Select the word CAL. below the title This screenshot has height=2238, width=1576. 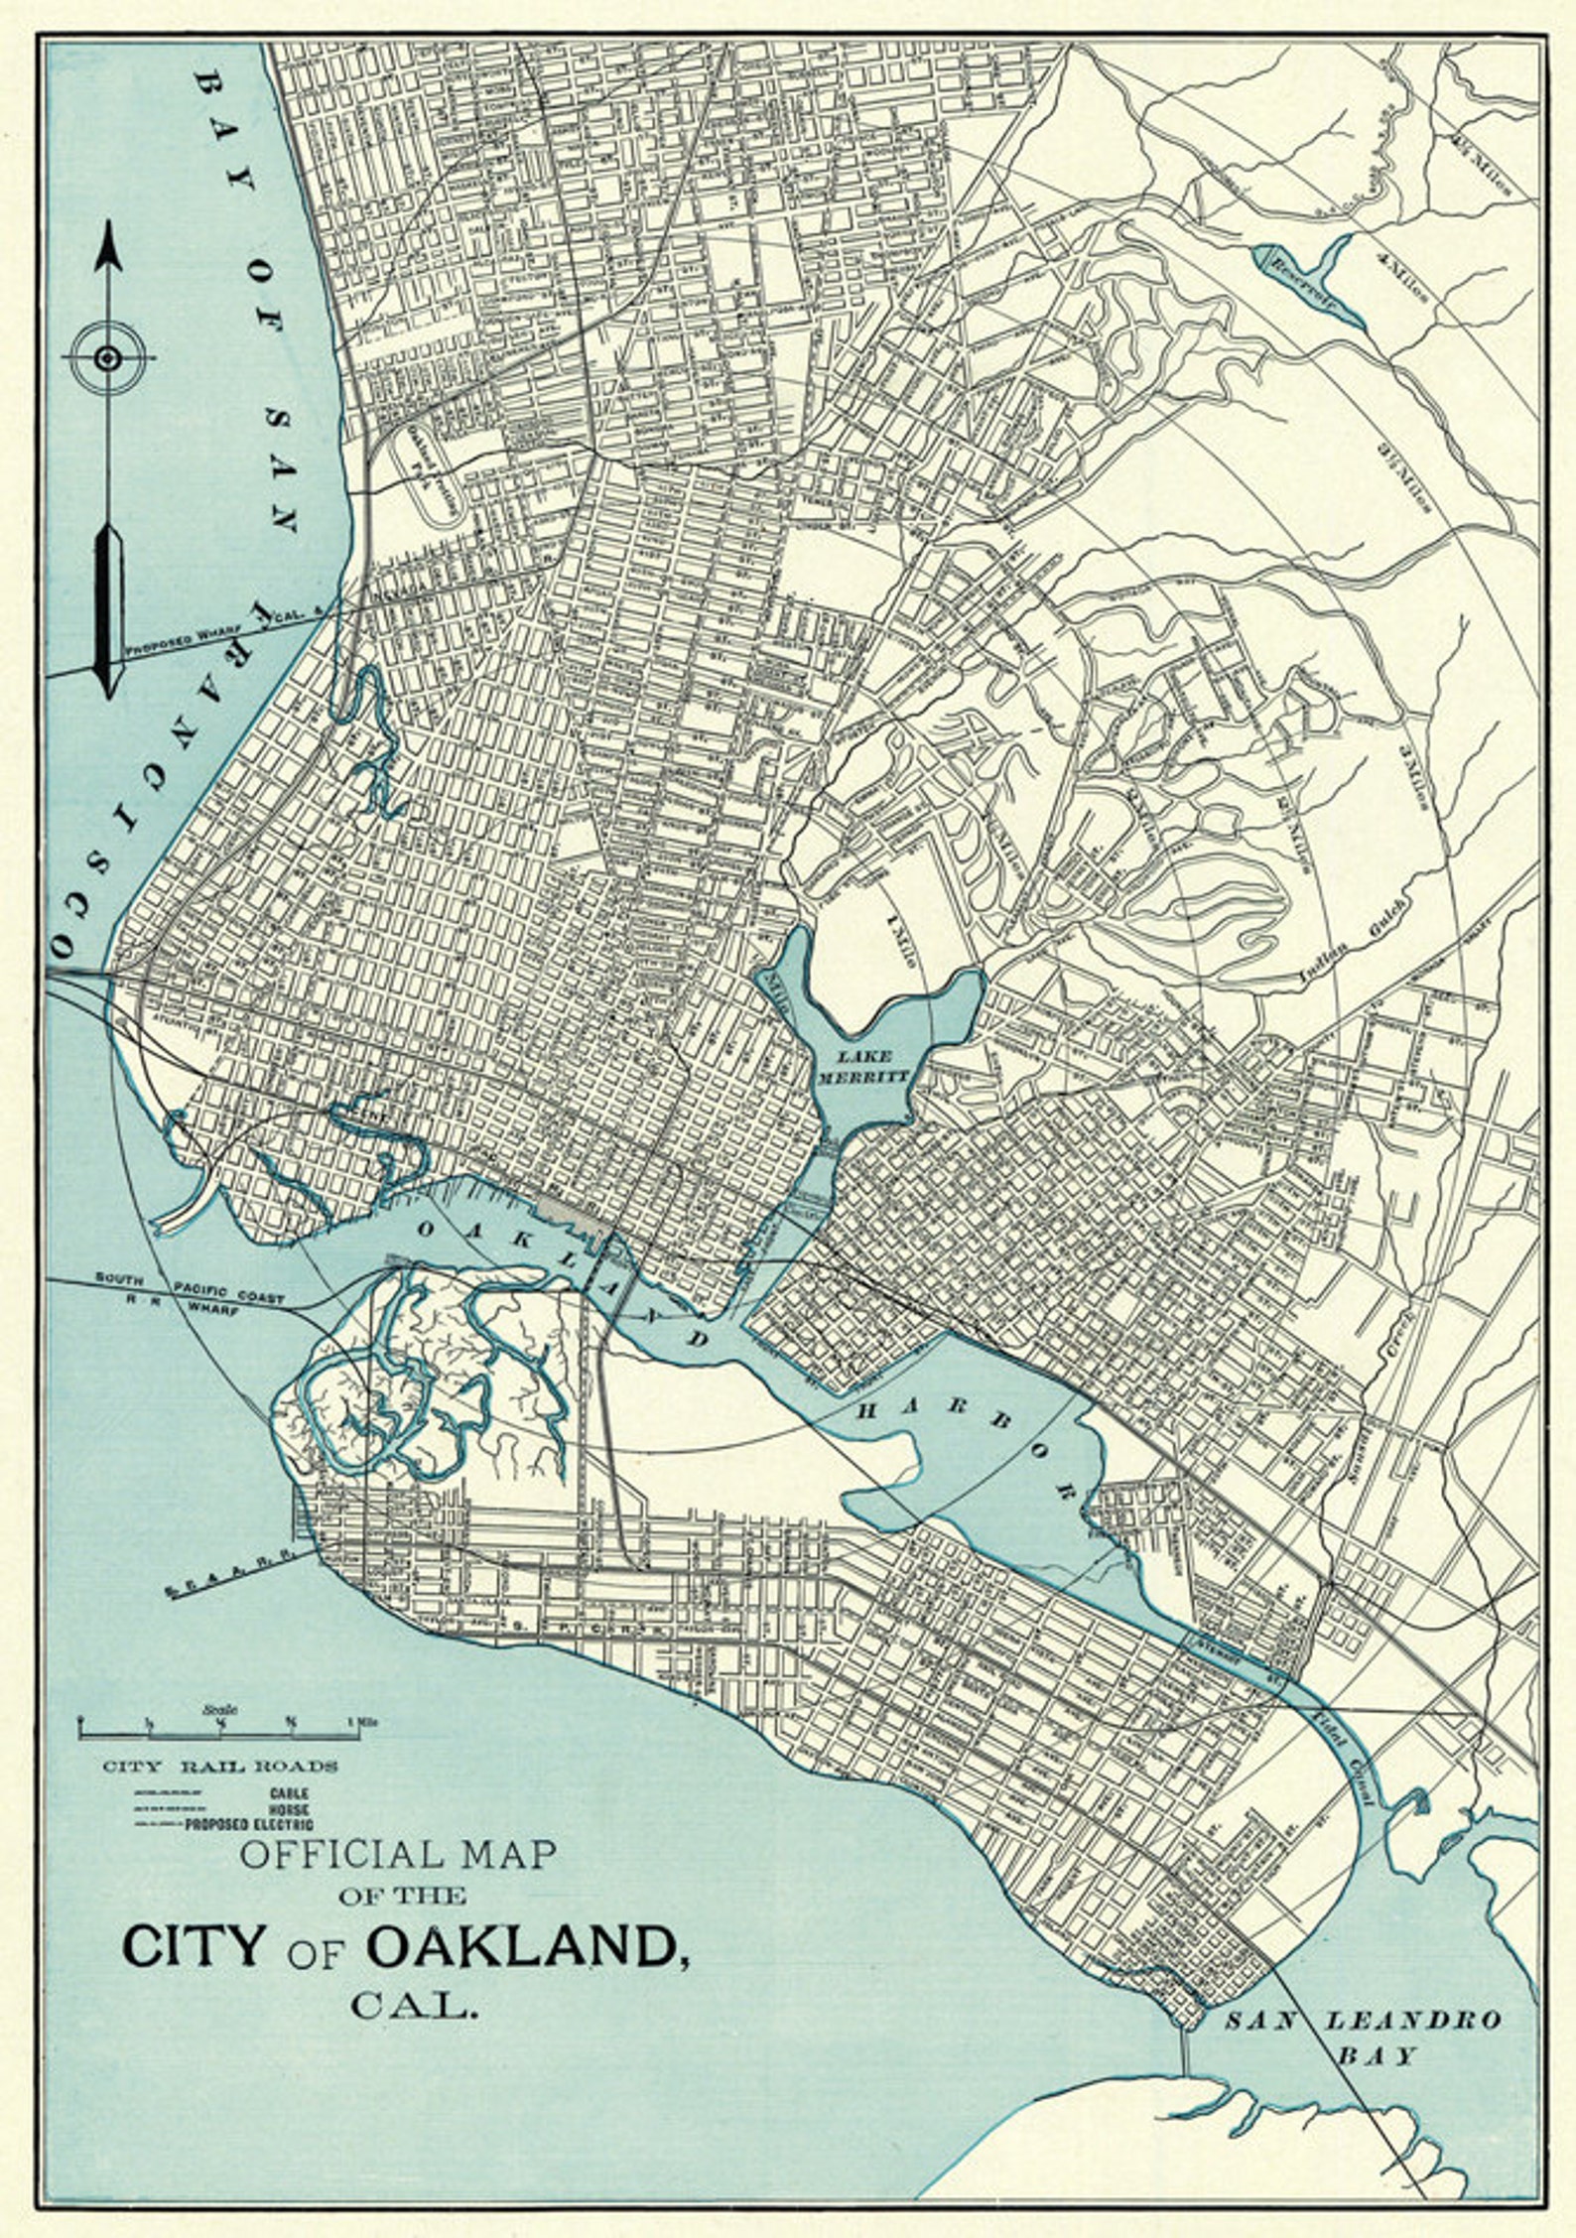pos(414,2006)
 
